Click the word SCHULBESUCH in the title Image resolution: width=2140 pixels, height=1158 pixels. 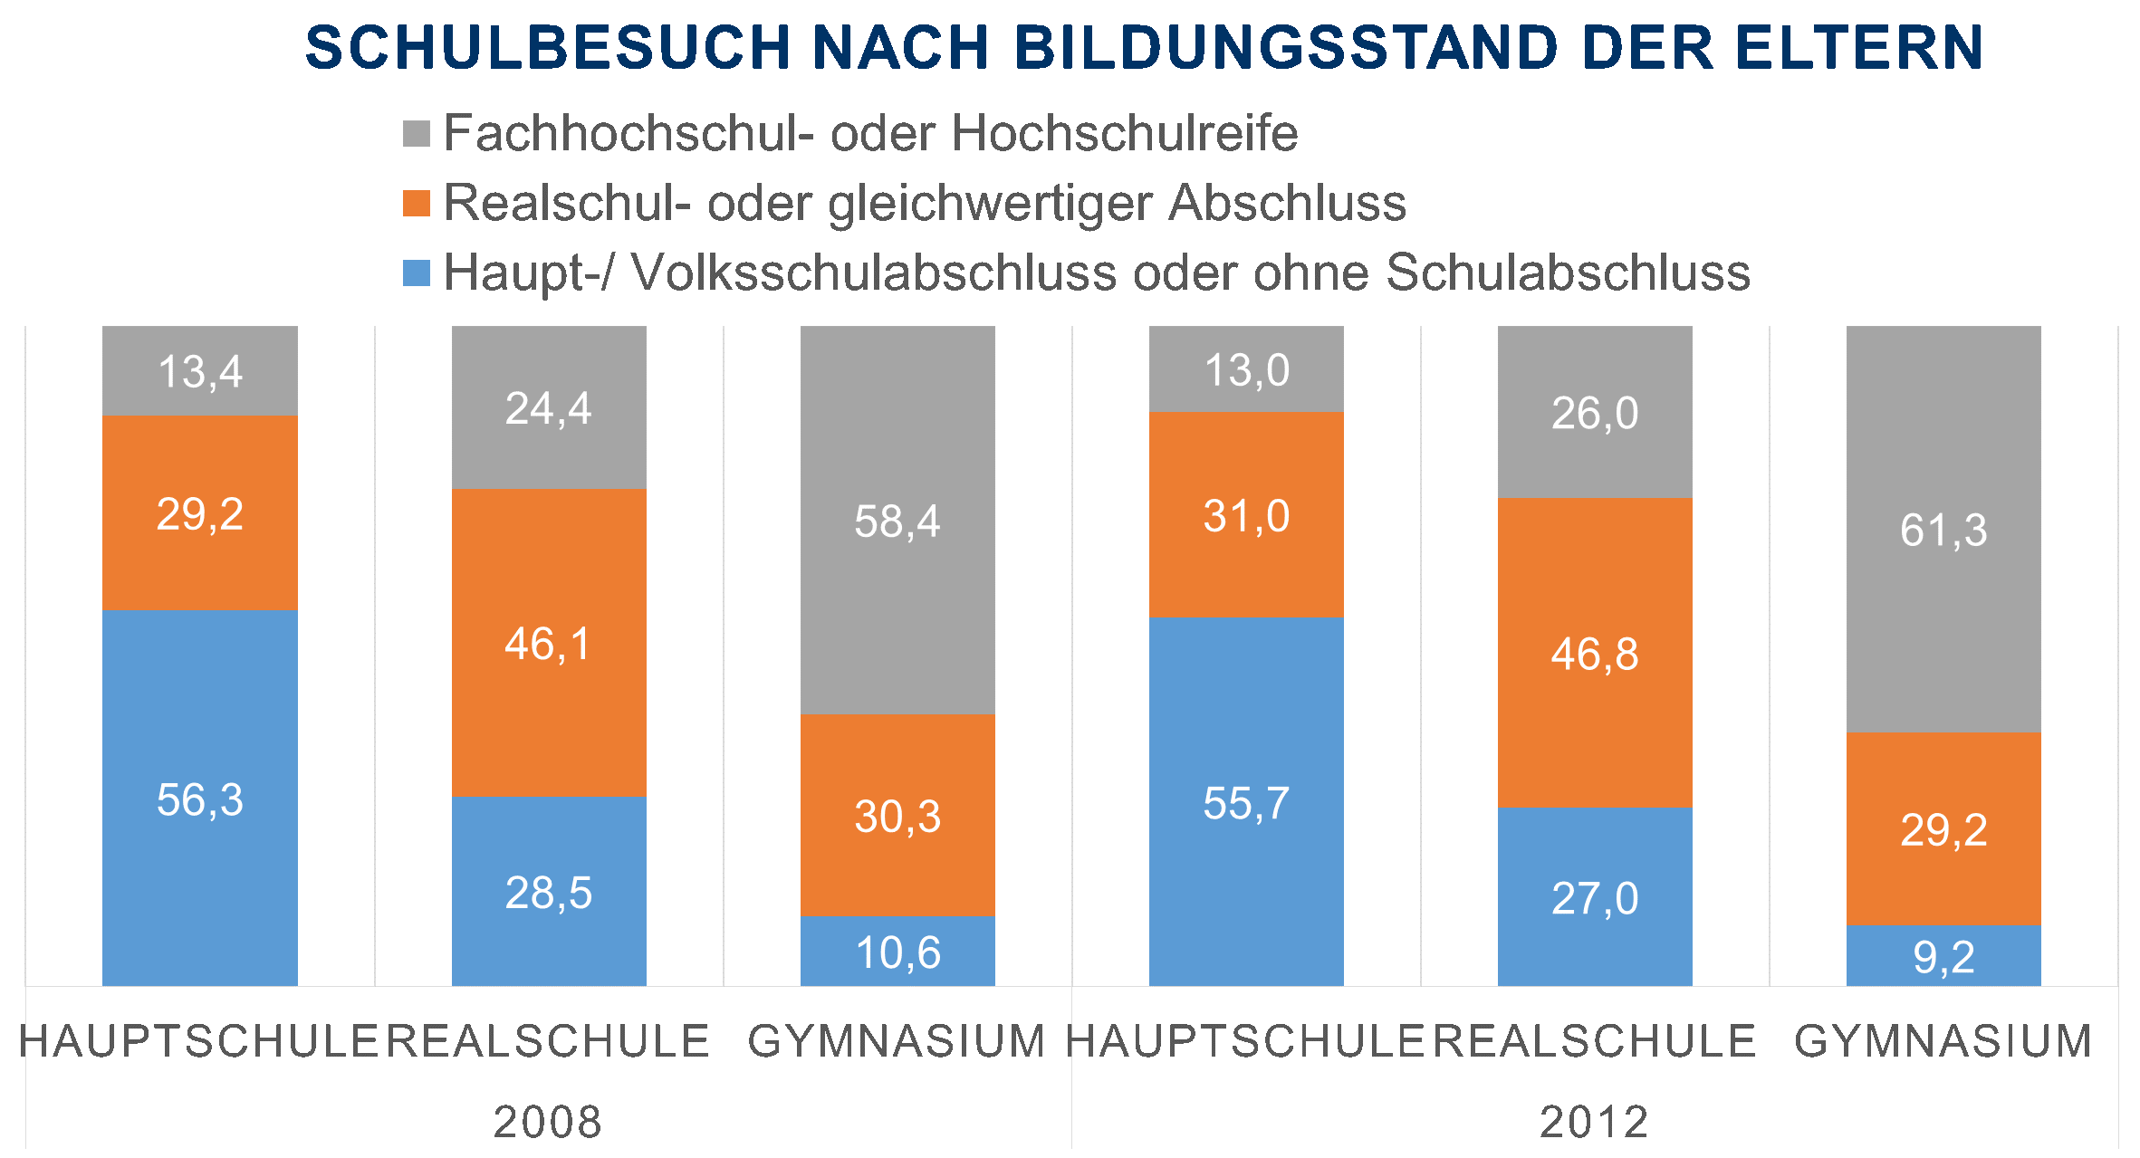click(548, 48)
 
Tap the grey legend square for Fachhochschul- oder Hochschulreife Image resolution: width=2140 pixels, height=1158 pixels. click(417, 134)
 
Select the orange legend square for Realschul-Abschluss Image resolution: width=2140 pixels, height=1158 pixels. click(417, 204)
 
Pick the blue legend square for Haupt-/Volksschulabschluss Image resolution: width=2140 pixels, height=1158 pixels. click(417, 273)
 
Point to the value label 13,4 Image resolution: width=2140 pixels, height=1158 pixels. click(200, 372)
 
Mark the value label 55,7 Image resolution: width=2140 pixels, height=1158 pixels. click(1246, 803)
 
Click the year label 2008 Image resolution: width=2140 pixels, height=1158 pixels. click(548, 1122)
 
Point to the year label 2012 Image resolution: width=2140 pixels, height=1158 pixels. click(1594, 1122)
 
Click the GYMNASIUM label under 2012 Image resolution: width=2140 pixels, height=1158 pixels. click(1943, 1041)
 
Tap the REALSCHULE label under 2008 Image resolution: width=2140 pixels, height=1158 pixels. click(549, 1041)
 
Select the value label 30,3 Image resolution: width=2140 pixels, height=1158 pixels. click(897, 817)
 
